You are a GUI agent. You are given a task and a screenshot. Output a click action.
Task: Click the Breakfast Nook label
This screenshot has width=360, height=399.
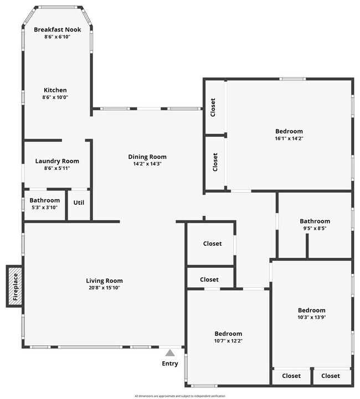pos(57,29)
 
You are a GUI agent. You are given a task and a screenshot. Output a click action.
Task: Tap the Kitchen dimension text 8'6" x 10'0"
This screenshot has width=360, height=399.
pos(55,97)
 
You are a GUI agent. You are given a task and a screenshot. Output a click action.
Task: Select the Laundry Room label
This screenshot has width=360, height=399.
pos(57,161)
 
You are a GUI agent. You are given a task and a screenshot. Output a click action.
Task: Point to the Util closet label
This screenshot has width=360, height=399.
pos(79,202)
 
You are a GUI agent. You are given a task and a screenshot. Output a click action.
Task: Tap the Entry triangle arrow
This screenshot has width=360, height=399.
pos(170,352)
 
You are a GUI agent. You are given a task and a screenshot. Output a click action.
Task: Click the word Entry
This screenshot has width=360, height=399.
pos(170,364)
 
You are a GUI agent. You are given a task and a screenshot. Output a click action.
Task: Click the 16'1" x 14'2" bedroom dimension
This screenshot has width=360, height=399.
pos(289,138)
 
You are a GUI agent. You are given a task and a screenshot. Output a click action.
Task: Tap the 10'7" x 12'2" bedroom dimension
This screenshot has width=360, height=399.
pos(228,341)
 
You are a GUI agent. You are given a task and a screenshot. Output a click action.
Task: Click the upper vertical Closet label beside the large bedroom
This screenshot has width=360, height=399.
pos(213,108)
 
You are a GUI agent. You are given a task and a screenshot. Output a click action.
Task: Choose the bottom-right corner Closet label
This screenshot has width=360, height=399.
pos(331,376)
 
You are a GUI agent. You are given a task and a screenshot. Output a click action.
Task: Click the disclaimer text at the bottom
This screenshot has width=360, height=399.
pos(180,396)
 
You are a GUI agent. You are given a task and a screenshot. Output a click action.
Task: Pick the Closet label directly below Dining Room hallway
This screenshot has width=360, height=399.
pos(212,243)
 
